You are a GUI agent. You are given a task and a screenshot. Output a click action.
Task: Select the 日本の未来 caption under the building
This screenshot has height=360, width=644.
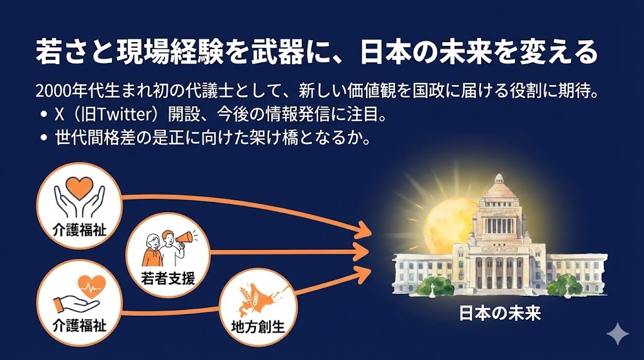500,313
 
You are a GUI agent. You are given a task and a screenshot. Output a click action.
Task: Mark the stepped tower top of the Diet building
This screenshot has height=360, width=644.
499,189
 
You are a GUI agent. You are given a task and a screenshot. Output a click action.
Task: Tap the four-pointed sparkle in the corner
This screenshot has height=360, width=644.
618,334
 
